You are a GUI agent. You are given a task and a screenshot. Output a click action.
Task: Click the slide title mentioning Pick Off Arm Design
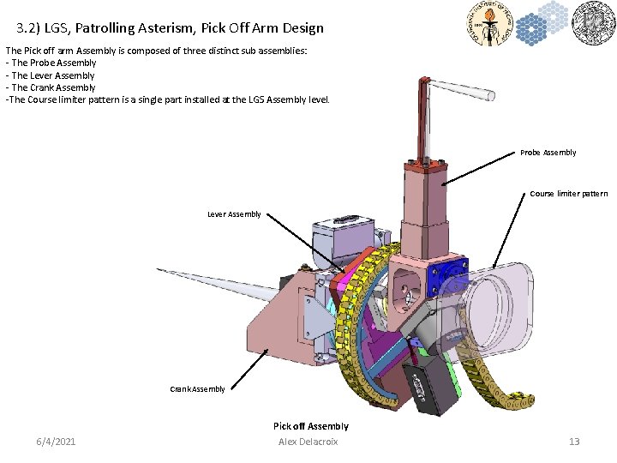coord(170,27)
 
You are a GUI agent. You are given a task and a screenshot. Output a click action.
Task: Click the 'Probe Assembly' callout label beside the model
coord(548,153)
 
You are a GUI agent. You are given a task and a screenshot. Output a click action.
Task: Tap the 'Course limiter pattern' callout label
coord(568,194)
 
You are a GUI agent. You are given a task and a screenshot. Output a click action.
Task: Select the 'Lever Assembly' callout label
coord(234,214)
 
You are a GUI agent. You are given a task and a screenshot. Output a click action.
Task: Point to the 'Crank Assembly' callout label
coord(197,389)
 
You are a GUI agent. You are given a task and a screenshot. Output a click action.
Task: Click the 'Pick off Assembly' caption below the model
coord(310,426)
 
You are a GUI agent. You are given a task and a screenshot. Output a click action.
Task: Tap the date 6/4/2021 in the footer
coord(56,442)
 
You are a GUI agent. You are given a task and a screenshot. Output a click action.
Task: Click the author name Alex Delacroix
coord(308,442)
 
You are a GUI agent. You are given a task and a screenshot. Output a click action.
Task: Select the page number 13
coord(574,442)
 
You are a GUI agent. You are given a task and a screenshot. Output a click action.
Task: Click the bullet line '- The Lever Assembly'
coord(51,75)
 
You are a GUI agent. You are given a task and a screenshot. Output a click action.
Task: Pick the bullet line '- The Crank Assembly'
coord(51,87)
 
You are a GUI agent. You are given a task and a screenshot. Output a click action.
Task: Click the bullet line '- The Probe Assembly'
coord(51,63)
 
